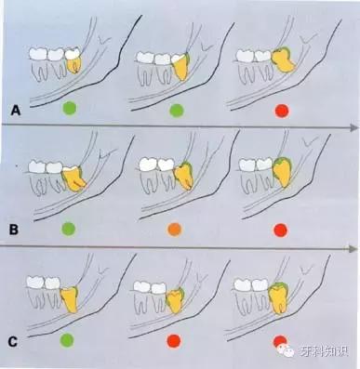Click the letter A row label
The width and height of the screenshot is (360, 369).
pyautogui.click(x=16, y=111)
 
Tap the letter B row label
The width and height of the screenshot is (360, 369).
pyautogui.click(x=14, y=230)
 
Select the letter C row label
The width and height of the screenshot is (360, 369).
pyautogui.click(x=12, y=342)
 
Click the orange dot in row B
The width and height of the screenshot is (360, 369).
pyautogui.click(x=174, y=230)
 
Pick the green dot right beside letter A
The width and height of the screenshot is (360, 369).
pyautogui.click(x=70, y=109)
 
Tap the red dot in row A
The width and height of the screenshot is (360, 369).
pyautogui.click(x=282, y=112)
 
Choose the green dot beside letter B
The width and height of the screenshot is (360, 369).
pyautogui.click(x=69, y=230)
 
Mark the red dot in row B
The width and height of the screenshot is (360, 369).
pyautogui.click(x=281, y=231)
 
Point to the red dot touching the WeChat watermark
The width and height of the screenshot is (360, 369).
pyautogui.click(x=280, y=341)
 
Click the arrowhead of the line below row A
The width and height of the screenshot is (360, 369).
pyautogui.click(x=354, y=127)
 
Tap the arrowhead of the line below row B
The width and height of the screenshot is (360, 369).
pyautogui.click(x=352, y=248)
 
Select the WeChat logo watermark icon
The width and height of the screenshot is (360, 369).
pyautogui.click(x=287, y=350)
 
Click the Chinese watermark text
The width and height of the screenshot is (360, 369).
pyautogui.click(x=324, y=350)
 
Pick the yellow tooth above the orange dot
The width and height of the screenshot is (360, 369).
pyautogui.click(x=184, y=176)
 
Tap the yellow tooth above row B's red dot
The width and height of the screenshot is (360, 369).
pyautogui.click(x=282, y=172)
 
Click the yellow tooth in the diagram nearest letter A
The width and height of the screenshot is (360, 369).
pyautogui.click(x=74, y=63)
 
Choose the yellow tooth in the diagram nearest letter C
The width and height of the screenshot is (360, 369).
pyautogui.click(x=70, y=300)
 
